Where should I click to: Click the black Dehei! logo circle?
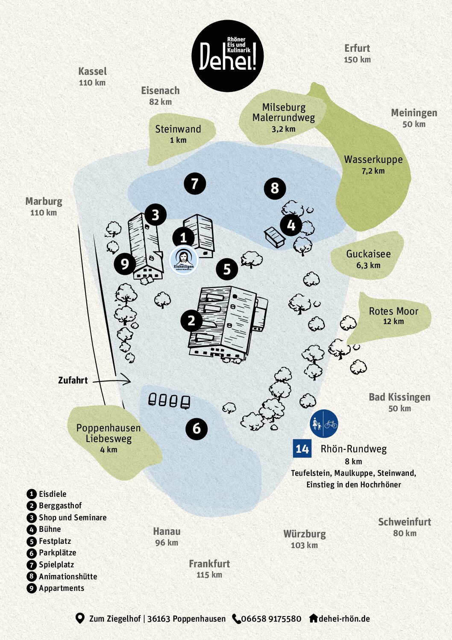tap(227, 56)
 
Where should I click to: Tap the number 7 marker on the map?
tap(195, 184)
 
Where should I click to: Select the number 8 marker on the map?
tap(275, 188)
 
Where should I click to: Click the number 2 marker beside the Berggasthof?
tap(191, 321)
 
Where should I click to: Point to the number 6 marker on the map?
tap(197, 428)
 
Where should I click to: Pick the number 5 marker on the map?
tap(227, 269)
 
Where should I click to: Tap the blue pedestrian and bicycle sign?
tap(324, 424)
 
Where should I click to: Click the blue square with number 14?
tap(302, 449)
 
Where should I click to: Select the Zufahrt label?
tap(73, 380)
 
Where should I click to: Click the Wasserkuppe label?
tap(373, 160)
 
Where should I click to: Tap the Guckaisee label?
tap(368, 254)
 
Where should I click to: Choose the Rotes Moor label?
tap(393, 311)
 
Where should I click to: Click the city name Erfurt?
tap(357, 48)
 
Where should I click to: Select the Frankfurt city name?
tap(209, 564)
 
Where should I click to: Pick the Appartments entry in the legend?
tap(61, 588)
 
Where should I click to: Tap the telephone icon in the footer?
tap(236, 619)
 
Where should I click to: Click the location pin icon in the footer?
tap(80, 618)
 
